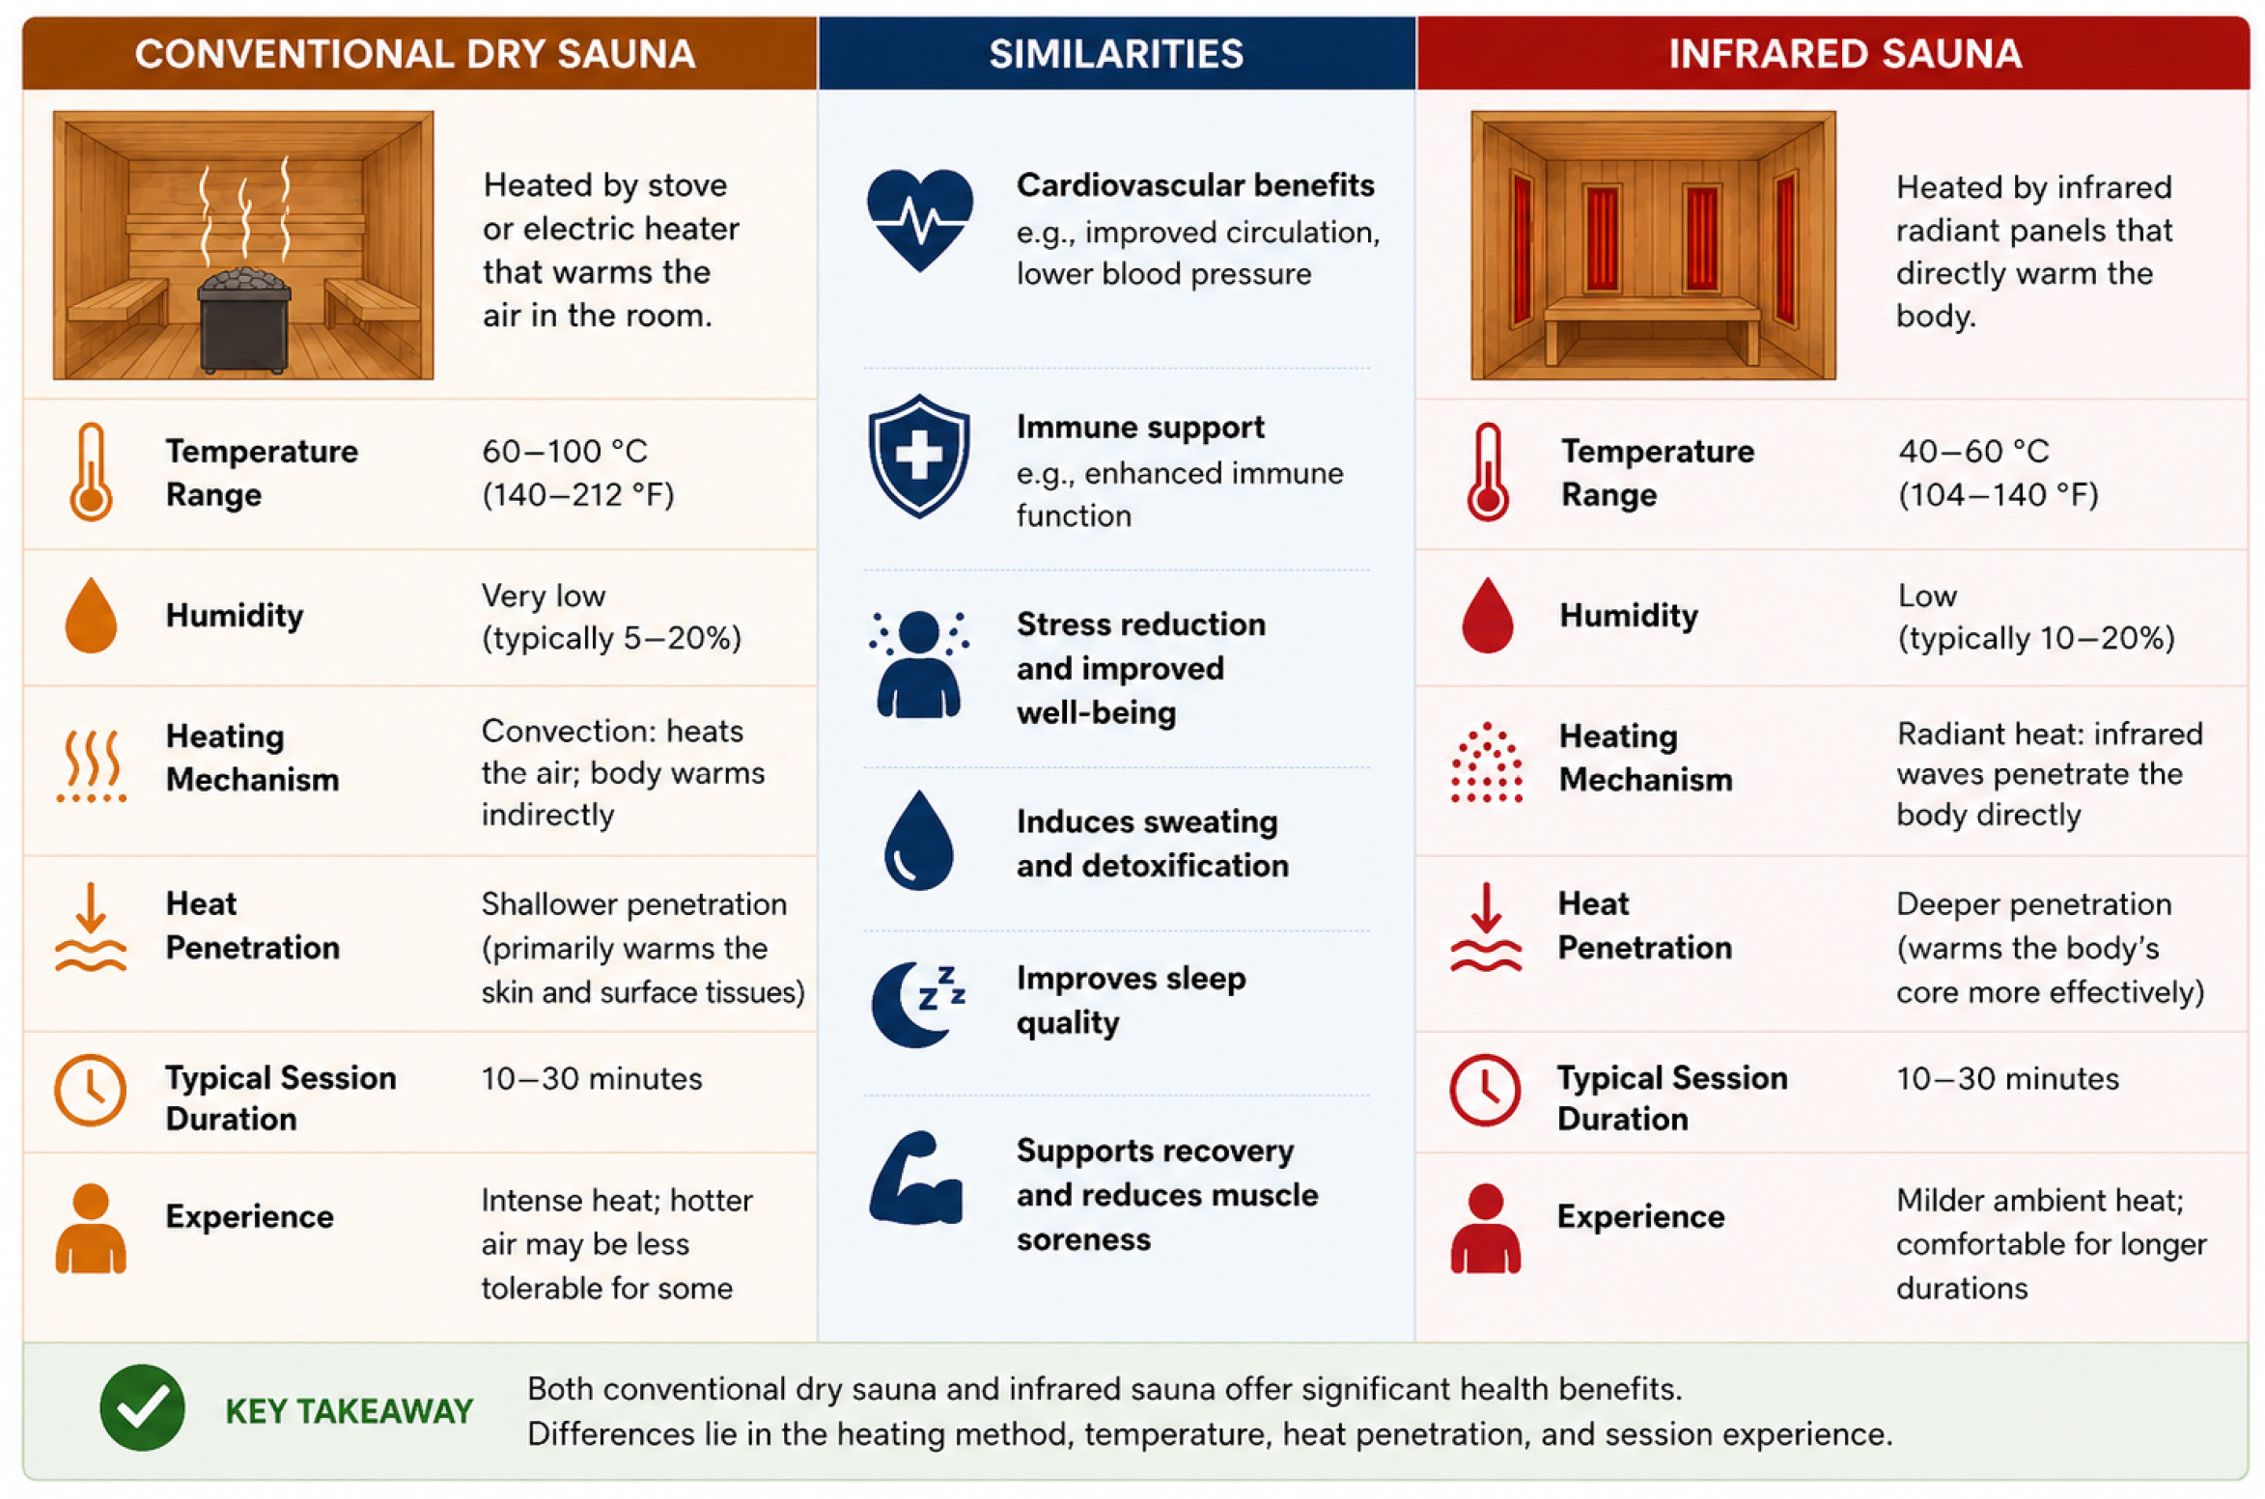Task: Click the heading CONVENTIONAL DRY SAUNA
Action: coord(415,54)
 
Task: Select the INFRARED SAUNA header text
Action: coord(1844,54)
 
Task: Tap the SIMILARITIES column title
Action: coord(1116,54)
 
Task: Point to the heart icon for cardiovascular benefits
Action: coord(919,220)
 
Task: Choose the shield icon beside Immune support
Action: coord(919,456)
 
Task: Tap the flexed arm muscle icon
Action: coord(915,1178)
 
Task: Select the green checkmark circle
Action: coord(142,1407)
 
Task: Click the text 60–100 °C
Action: coord(565,451)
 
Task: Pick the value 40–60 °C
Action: coord(1972,451)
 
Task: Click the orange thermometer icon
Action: coord(91,472)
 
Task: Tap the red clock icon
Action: coord(1485,1090)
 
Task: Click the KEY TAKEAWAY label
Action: coord(349,1411)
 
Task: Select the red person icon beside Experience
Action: coord(1485,1228)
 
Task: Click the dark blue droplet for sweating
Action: coord(918,840)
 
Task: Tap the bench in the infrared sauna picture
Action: coord(1652,326)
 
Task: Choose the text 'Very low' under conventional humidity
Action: coord(544,596)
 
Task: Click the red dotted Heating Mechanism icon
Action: coord(1487,763)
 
